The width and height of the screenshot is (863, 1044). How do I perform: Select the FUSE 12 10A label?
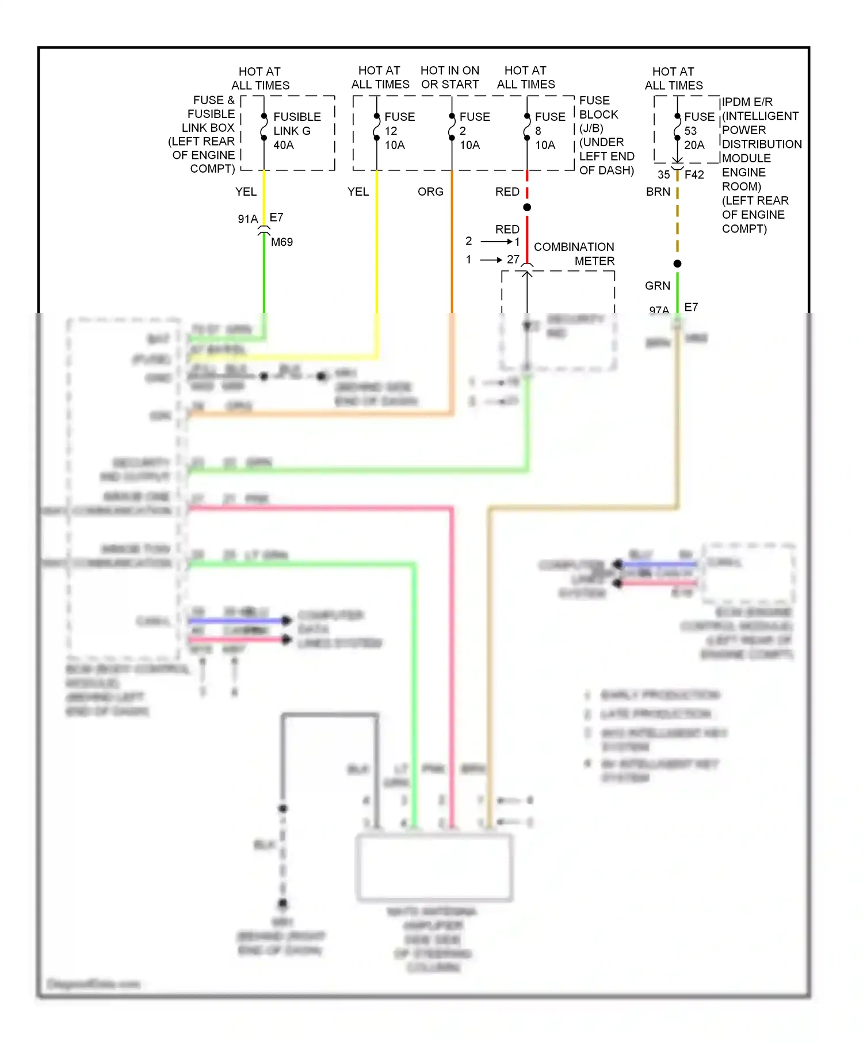click(399, 131)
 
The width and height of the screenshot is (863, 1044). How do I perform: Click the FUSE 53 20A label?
click(698, 131)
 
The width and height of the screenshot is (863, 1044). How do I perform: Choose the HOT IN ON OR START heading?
click(449, 77)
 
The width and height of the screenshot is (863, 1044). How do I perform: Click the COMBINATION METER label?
click(574, 254)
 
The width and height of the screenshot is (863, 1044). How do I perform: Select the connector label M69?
click(281, 242)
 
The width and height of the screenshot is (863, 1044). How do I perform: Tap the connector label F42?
click(694, 174)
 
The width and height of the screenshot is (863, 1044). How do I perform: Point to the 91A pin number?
click(247, 219)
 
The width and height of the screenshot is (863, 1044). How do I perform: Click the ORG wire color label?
click(430, 192)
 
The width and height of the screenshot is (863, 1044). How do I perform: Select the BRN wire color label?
click(658, 192)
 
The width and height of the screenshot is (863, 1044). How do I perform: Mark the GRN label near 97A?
click(657, 286)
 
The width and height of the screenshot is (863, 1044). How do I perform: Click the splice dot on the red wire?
click(527, 207)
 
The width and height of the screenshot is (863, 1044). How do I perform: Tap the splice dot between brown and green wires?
click(677, 264)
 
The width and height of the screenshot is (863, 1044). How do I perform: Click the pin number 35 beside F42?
click(663, 174)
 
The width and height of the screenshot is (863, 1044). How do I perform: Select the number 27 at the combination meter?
click(513, 260)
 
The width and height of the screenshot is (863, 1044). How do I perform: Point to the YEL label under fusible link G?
click(246, 192)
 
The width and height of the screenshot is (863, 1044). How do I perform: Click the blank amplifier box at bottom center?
click(434, 867)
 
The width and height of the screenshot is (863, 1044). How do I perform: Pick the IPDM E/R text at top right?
click(747, 102)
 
